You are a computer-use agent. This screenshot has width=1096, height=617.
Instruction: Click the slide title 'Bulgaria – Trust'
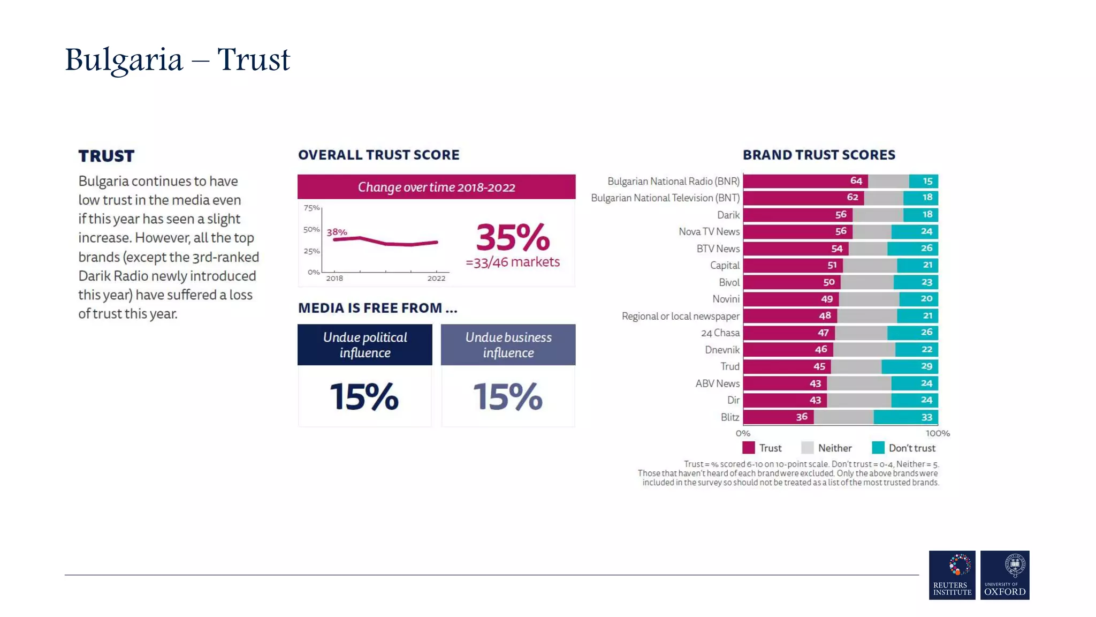pos(177,59)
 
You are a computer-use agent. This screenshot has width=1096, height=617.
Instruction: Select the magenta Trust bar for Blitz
pos(778,417)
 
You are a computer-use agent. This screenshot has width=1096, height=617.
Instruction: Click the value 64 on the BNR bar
pos(856,181)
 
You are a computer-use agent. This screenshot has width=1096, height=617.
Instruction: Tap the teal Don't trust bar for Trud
pos(909,366)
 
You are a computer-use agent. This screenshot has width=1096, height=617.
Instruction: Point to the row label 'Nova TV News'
pos(709,231)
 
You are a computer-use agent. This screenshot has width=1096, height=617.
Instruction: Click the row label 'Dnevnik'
pos(722,350)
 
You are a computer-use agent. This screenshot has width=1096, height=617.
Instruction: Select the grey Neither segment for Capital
pos(870,265)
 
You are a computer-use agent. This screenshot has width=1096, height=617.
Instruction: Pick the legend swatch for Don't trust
pos(878,448)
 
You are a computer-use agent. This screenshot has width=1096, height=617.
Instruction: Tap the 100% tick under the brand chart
pos(938,433)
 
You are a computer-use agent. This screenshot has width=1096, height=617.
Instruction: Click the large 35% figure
pos(513,237)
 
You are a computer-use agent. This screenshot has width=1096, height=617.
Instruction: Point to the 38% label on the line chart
pos(337,232)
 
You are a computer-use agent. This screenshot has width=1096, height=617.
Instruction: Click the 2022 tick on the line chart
pos(436,278)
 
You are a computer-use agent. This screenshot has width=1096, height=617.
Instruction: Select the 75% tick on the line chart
pos(311,208)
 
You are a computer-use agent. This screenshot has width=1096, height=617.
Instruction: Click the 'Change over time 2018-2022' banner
pos(436,187)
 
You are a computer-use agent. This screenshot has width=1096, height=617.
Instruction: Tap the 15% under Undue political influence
pos(364,396)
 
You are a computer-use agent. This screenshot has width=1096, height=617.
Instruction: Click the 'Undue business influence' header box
pos(508,345)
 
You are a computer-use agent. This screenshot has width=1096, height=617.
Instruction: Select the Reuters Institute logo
pos(952,575)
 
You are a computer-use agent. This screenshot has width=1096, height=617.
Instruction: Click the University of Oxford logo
pos(1004,575)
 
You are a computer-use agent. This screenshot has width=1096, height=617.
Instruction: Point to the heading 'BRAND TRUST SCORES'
pos(818,155)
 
